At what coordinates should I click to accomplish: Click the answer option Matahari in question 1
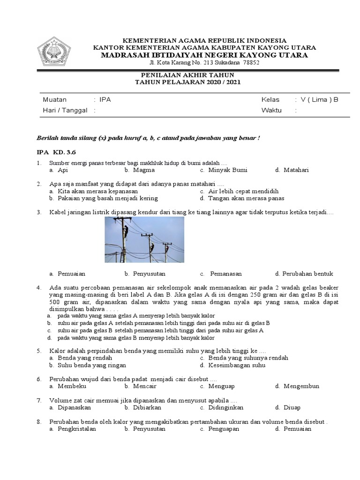point(296,170)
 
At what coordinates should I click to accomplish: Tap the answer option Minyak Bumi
point(228,170)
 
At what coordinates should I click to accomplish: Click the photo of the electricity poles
point(144,240)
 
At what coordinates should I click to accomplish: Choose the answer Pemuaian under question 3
point(71,274)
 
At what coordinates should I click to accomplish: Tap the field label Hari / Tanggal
point(65,110)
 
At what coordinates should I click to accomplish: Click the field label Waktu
point(271,110)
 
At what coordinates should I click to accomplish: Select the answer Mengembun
point(301,386)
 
